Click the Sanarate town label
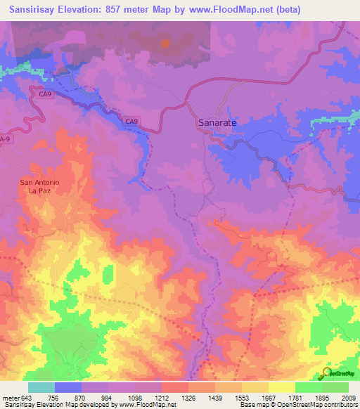point(215,122)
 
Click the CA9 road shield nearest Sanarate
point(131,122)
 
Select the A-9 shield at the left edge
point(5,139)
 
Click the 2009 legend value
point(349,398)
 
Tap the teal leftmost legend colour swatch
point(41,387)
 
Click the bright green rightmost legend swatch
point(335,387)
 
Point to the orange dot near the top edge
point(166,43)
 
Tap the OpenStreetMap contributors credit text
point(317,405)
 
